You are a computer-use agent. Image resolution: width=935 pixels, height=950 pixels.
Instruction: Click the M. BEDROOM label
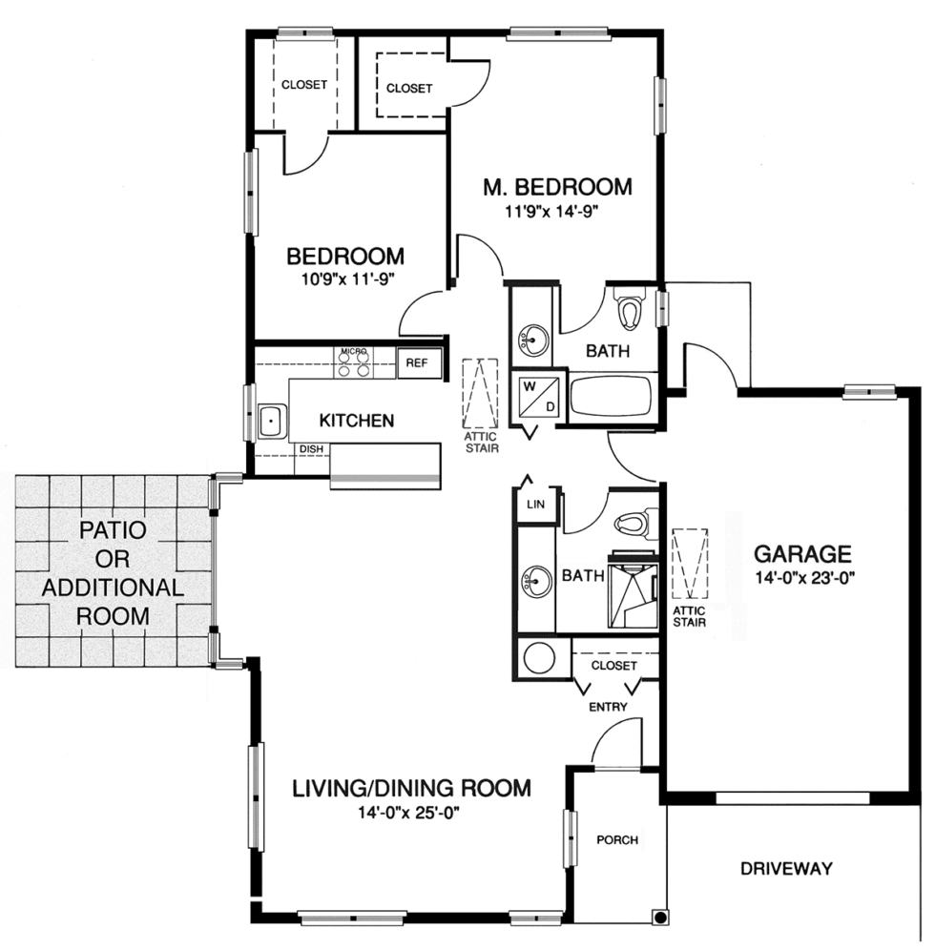(556, 186)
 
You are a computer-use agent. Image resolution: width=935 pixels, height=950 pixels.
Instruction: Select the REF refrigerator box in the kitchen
(418, 363)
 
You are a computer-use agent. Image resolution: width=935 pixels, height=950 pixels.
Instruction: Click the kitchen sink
(272, 420)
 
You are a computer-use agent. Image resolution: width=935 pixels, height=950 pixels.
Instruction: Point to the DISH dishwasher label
(311, 449)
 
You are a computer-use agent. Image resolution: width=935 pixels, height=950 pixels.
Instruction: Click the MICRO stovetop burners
(354, 364)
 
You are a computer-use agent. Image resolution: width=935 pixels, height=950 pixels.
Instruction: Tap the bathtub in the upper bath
(611, 397)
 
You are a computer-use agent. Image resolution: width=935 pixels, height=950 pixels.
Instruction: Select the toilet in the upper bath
(630, 311)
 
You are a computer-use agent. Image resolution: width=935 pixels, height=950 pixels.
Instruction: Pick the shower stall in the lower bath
(633, 591)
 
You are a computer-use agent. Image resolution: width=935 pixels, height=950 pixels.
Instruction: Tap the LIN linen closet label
(534, 506)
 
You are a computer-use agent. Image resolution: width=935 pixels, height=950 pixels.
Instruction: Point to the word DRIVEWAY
(786, 869)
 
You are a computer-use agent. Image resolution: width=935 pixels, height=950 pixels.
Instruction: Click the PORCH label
(617, 840)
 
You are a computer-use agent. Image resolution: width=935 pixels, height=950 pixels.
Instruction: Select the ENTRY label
(609, 707)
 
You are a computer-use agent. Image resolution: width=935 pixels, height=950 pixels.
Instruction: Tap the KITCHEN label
(356, 420)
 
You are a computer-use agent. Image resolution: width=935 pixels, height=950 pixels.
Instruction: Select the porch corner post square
(658, 918)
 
